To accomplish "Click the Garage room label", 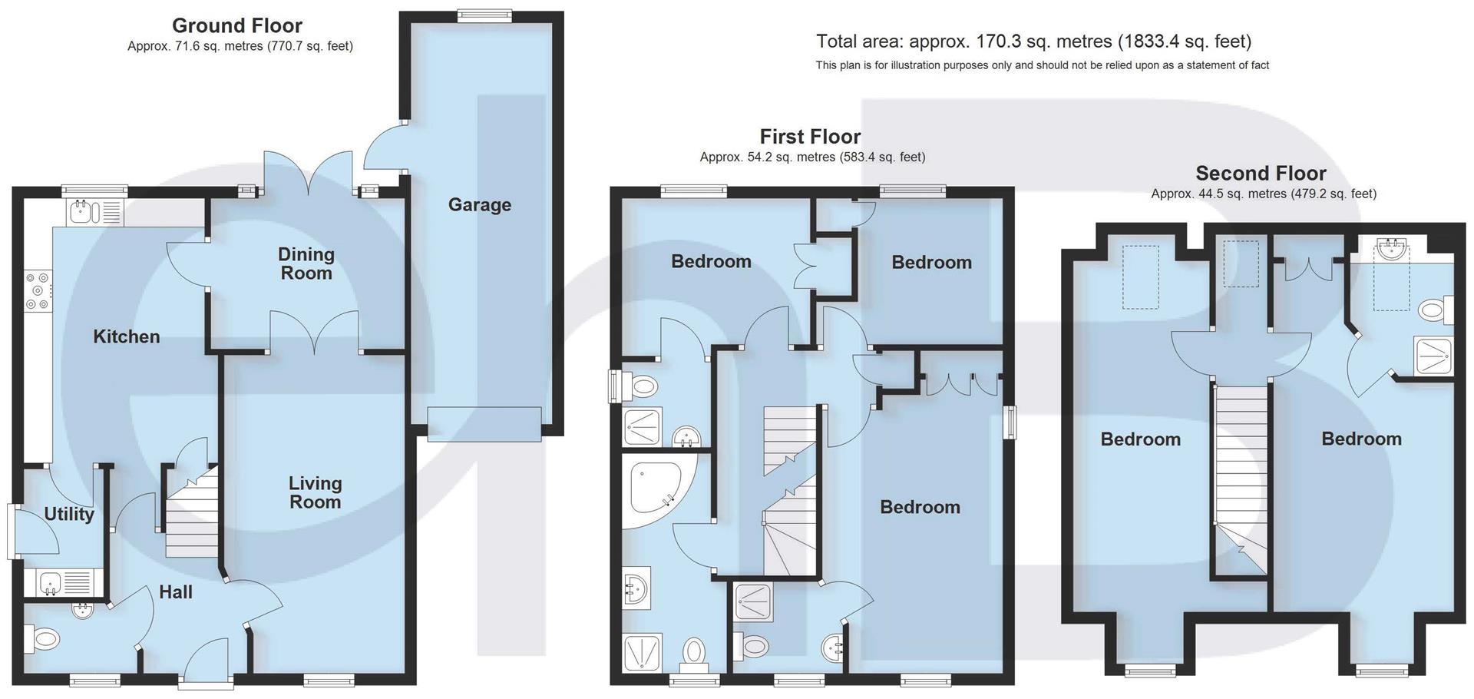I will [479, 204].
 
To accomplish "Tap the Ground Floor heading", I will [236, 25].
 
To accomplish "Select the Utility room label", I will [69, 514].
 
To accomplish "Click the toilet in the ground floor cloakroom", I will [45, 638].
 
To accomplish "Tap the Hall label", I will [176, 591].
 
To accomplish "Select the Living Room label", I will [315, 492].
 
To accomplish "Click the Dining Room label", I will [306, 263].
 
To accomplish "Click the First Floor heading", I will [810, 136].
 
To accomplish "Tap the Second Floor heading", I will [1261, 173].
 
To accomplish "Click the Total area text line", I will [1033, 41].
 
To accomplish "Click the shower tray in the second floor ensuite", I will [1433, 356].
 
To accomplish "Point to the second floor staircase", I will [1240, 476].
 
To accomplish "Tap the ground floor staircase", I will [192, 515].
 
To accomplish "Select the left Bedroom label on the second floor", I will [1140, 439].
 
